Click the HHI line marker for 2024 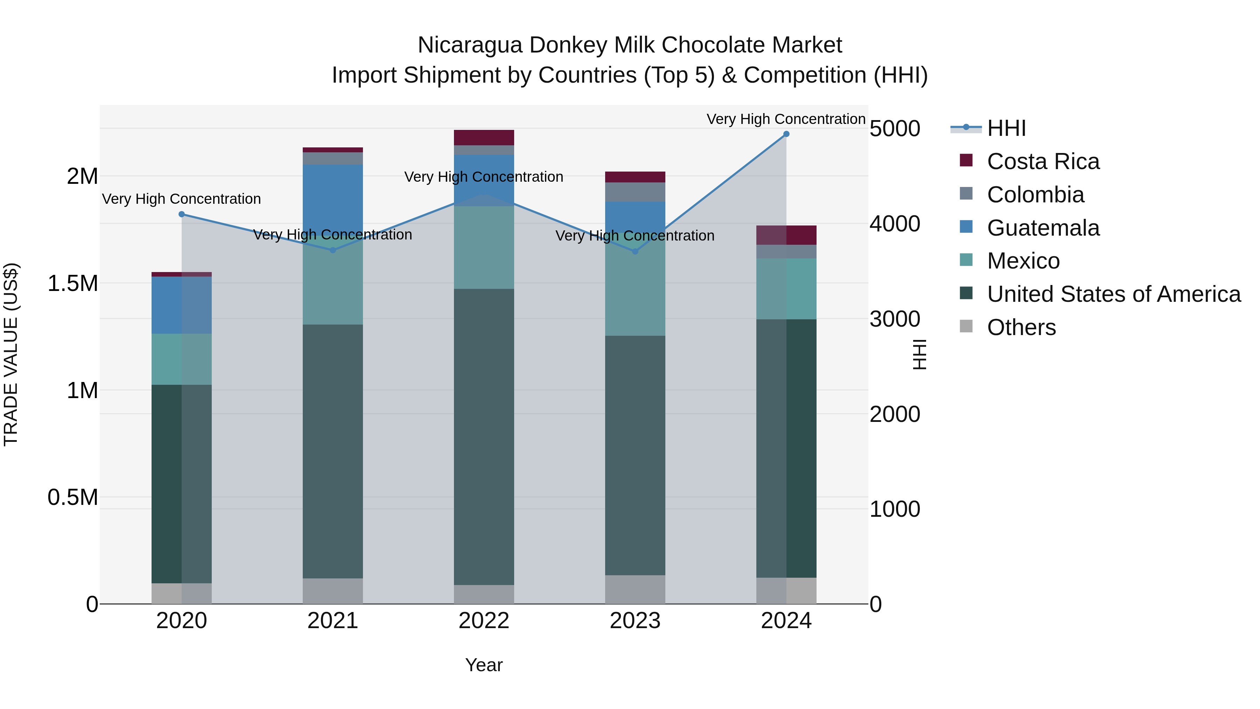click(786, 134)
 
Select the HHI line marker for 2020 click(181, 214)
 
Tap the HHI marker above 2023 click(635, 251)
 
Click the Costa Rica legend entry click(1043, 161)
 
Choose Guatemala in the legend click(1043, 228)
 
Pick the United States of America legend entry click(1113, 294)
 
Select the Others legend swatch click(966, 326)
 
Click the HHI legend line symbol click(966, 128)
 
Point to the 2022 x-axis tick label click(484, 621)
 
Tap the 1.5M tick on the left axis click(73, 283)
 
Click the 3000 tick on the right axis click(895, 319)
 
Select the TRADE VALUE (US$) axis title click(11, 354)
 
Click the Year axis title click(484, 665)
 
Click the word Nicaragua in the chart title click(470, 45)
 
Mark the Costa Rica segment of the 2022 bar click(484, 138)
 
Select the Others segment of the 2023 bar click(635, 589)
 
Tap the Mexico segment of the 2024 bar click(786, 289)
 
